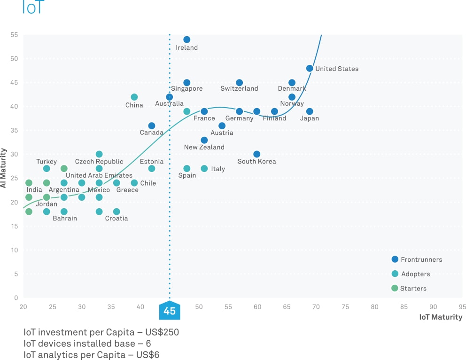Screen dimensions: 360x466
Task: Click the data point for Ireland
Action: [187, 40]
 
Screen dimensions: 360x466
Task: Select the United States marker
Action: [310, 69]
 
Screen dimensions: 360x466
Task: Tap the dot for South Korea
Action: [257, 154]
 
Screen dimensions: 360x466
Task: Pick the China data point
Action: [134, 97]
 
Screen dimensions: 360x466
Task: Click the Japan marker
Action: [310, 111]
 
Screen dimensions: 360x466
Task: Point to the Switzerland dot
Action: [240, 83]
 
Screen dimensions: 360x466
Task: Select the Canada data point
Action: [152, 126]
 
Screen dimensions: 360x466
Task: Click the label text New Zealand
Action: [204, 147]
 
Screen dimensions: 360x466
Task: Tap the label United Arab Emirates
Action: [99, 175]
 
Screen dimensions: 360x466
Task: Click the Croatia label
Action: [116, 219]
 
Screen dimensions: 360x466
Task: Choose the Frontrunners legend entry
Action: [421, 259]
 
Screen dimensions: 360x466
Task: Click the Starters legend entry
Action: [413, 289]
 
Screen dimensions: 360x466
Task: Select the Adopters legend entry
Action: [415, 274]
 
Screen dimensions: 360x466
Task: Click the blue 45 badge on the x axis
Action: [170, 311]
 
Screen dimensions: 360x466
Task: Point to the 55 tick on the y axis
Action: [14, 35]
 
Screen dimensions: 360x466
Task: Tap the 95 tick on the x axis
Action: [462, 307]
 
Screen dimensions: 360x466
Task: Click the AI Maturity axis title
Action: [4, 168]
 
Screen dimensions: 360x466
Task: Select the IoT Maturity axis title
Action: [441, 317]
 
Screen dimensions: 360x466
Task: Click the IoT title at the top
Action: [32, 7]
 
